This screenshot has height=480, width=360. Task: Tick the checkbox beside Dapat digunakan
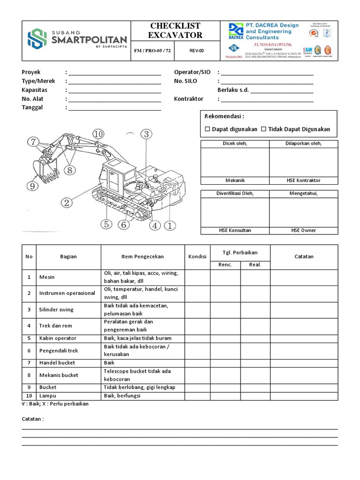tap(208, 129)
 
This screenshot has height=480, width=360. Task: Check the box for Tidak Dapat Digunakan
tap(263, 129)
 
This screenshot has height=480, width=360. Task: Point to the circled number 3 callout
tap(146, 135)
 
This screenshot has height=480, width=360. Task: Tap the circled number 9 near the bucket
tap(32, 187)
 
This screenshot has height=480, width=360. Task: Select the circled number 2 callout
tap(67, 202)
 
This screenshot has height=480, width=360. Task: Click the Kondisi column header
tap(197, 257)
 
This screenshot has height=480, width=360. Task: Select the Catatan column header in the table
tap(304, 257)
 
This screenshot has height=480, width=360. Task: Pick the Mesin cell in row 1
tap(47, 277)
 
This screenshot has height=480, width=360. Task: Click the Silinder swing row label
tap(56, 310)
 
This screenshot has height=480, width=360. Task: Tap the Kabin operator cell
tap(58, 338)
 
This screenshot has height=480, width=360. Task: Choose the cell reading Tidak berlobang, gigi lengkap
tap(139, 388)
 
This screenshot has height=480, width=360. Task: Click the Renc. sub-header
tap(225, 265)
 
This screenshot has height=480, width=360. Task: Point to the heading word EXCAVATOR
tap(175, 35)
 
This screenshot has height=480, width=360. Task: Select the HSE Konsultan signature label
tap(235, 231)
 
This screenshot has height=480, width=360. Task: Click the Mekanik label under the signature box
tap(235, 180)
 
